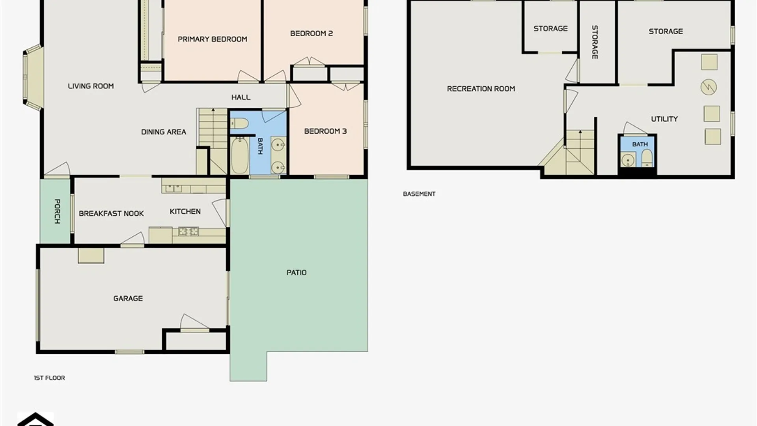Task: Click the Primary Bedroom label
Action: coord(212,39)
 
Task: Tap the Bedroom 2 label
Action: coord(311,34)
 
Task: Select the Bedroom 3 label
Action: coord(325,131)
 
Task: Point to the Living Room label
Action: coord(91,86)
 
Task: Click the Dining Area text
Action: coord(164,132)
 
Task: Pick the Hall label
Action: coord(241,97)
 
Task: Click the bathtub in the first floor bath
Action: coord(239,155)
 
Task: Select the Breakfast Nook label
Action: coord(111,213)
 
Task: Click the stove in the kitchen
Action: coord(188,231)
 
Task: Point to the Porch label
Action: coord(57,211)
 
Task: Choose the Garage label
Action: coord(128,299)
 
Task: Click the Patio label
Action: coord(296,273)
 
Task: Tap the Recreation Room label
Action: coord(481,89)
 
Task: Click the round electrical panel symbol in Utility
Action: coord(709,87)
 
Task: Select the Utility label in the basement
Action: coord(664,119)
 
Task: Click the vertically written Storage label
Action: coord(595,42)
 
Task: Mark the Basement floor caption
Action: coord(419,194)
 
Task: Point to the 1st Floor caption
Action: coord(49,378)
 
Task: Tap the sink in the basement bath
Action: coord(628,160)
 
